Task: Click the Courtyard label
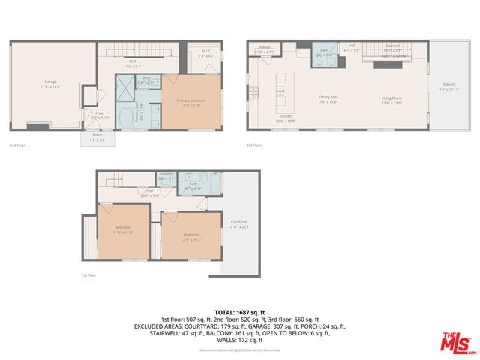point(239,222)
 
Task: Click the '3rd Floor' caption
point(255,145)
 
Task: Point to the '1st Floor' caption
point(88,275)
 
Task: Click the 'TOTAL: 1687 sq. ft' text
point(239,310)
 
